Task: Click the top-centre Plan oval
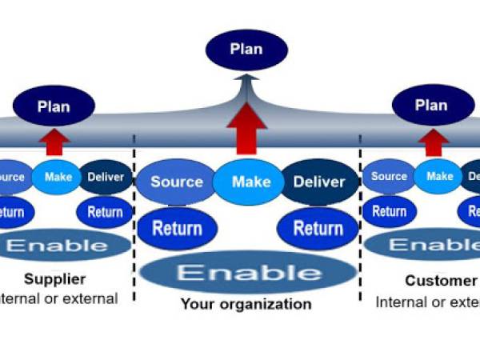click(x=246, y=50)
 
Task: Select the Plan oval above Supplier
click(x=54, y=106)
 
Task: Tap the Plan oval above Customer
click(x=430, y=106)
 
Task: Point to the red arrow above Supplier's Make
click(x=56, y=142)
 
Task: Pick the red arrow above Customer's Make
click(x=434, y=142)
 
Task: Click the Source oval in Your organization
click(x=176, y=182)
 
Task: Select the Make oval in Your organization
click(x=250, y=182)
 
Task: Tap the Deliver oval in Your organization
click(x=318, y=182)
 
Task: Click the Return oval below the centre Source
click(x=177, y=228)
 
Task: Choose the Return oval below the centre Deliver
click(x=318, y=228)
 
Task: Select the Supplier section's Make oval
click(x=58, y=177)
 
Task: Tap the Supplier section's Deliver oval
click(x=105, y=177)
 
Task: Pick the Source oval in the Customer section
click(x=389, y=177)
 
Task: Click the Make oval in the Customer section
click(x=438, y=177)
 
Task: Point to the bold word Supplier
click(x=54, y=279)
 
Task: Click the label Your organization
click(x=246, y=304)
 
